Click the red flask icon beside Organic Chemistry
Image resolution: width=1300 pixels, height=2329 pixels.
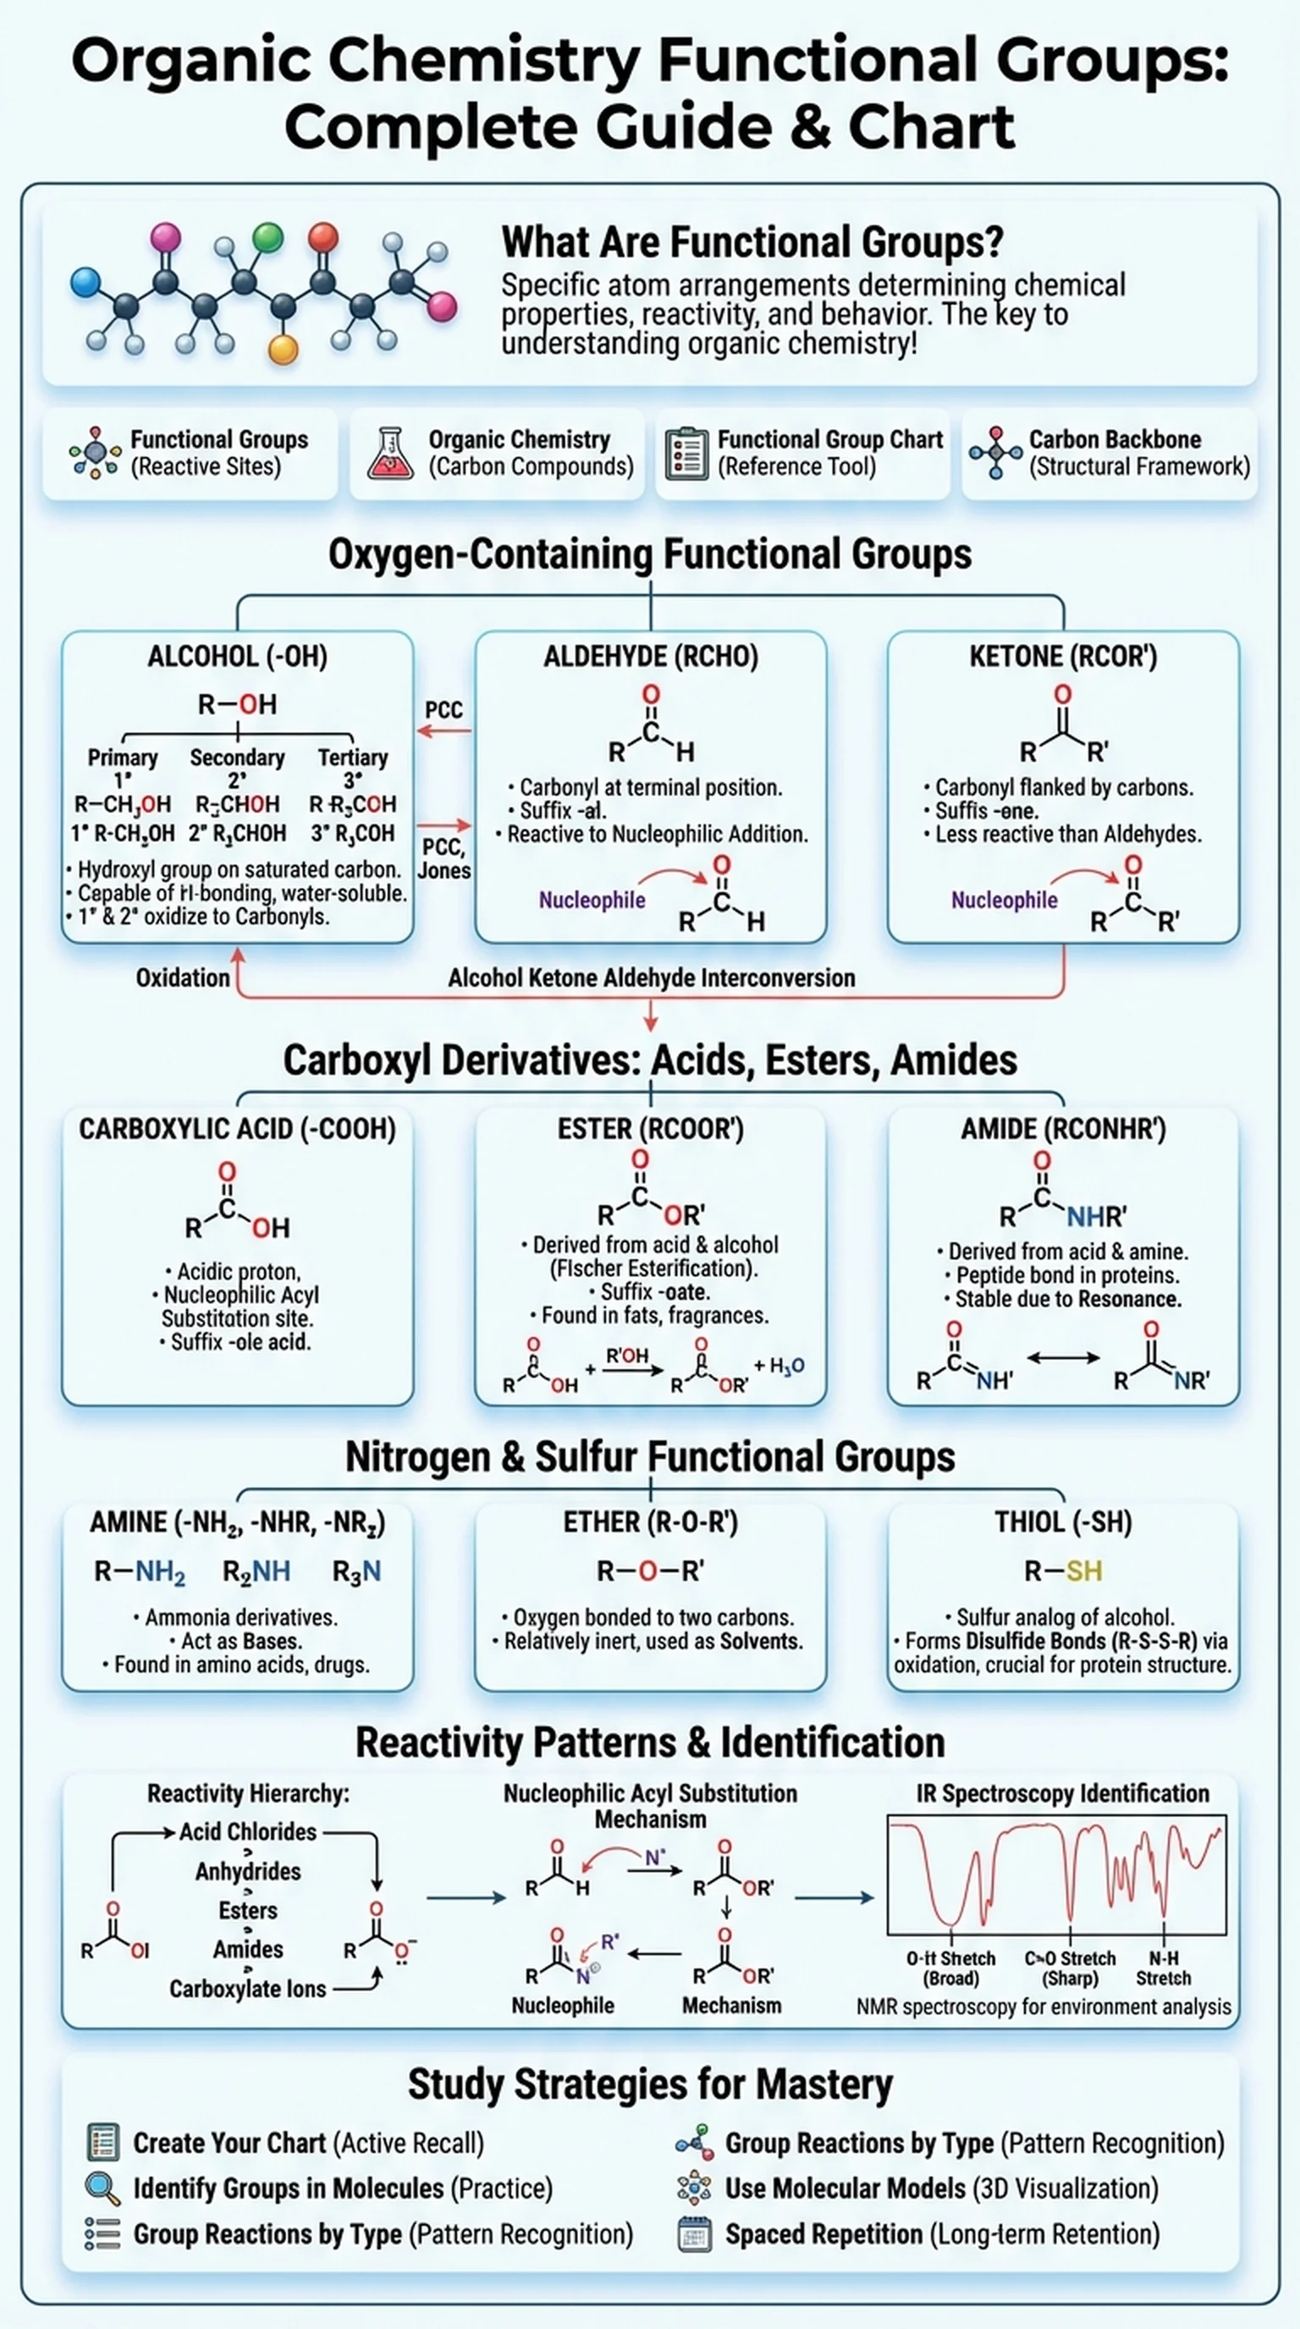click(389, 453)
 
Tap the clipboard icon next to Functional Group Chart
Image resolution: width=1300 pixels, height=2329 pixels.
click(686, 453)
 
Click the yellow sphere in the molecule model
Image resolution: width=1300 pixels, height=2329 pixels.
click(283, 349)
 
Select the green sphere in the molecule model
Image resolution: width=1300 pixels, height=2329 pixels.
click(267, 237)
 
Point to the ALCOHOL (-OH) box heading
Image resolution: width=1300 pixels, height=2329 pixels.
click(237, 657)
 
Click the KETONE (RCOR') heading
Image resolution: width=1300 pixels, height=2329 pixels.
click(1062, 657)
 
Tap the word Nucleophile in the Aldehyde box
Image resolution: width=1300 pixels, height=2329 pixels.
click(592, 900)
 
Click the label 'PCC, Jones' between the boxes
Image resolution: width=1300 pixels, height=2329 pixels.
click(443, 859)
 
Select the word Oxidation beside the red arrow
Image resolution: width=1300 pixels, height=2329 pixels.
click(183, 978)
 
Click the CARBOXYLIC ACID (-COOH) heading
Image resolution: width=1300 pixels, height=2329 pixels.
click(237, 1129)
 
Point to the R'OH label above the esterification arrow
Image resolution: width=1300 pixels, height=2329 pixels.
click(626, 1356)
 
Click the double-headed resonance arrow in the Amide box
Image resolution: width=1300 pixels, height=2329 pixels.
click(1063, 1358)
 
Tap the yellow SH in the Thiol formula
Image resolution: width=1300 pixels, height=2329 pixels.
click(1084, 1572)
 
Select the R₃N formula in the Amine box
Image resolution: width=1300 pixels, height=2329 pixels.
click(356, 1573)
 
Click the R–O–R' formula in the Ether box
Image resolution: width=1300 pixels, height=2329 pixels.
click(650, 1572)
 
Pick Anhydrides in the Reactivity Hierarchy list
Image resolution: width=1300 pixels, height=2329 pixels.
click(248, 1871)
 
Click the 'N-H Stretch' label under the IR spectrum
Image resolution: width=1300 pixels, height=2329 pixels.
click(1163, 1968)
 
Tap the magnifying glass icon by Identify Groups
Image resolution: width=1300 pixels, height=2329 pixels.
click(102, 2189)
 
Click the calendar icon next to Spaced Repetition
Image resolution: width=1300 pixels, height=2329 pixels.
click(694, 2235)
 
